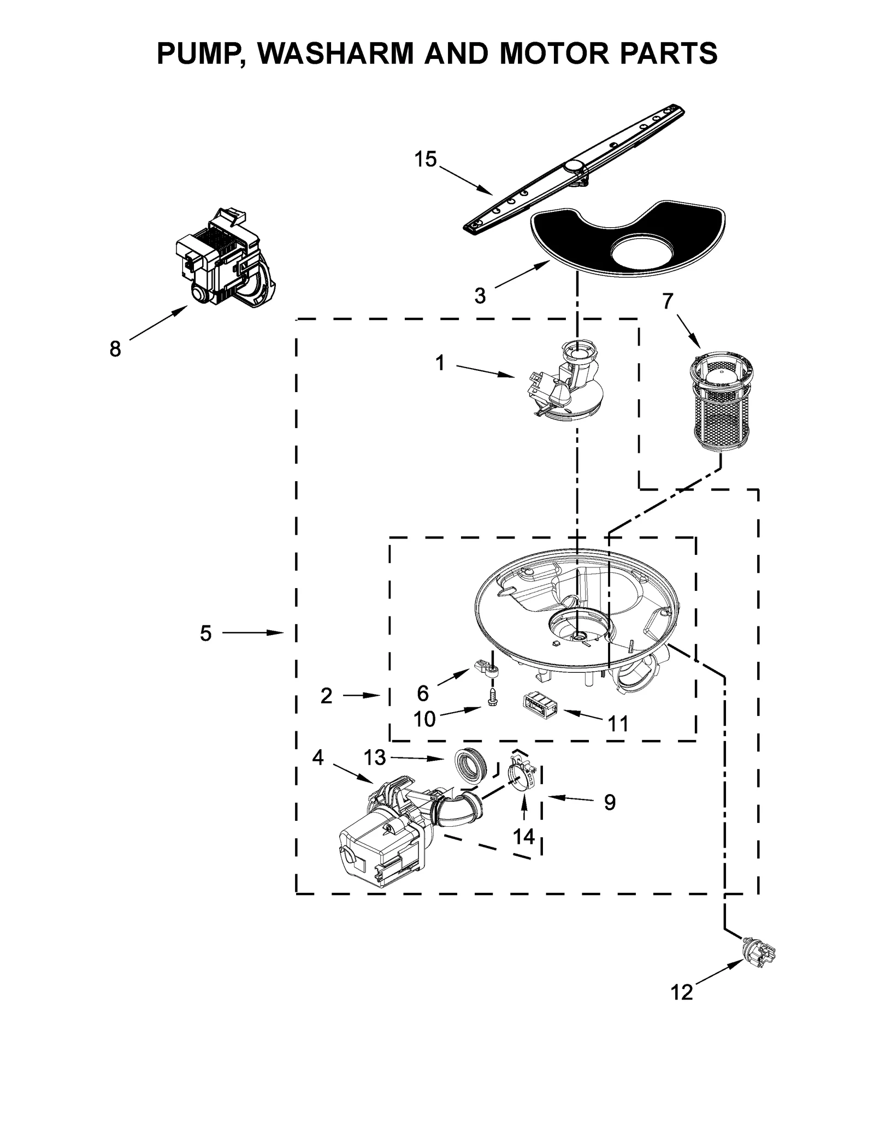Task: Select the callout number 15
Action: (425, 159)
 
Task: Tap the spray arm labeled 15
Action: (574, 168)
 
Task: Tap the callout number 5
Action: (205, 633)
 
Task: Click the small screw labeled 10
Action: (491, 696)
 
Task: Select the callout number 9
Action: (610, 802)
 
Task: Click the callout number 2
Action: (326, 696)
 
